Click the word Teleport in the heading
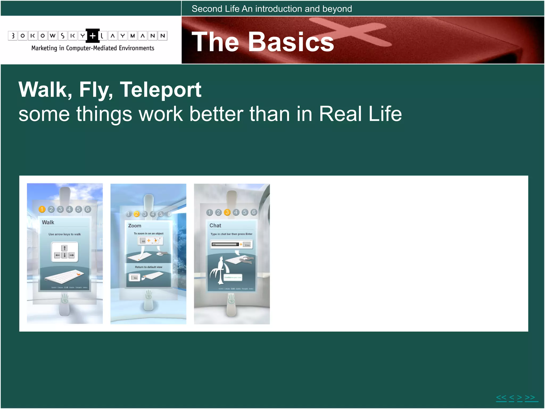tap(160, 90)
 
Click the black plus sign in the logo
tap(92, 36)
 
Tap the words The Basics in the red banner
tap(263, 42)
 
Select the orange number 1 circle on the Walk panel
tap(42, 209)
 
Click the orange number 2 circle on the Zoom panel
tap(137, 214)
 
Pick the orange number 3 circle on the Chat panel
tap(227, 212)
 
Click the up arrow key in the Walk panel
tap(64, 248)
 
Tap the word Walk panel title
tap(48, 222)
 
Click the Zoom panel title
tap(135, 226)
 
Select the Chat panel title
tap(215, 226)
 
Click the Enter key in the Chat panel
tap(247, 245)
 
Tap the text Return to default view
tap(148, 267)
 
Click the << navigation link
tap(501, 398)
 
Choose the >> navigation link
tap(530, 398)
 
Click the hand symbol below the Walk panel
tap(65, 298)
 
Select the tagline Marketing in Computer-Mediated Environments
tap(93, 48)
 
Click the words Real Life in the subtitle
tap(360, 114)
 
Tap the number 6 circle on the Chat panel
tap(254, 212)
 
